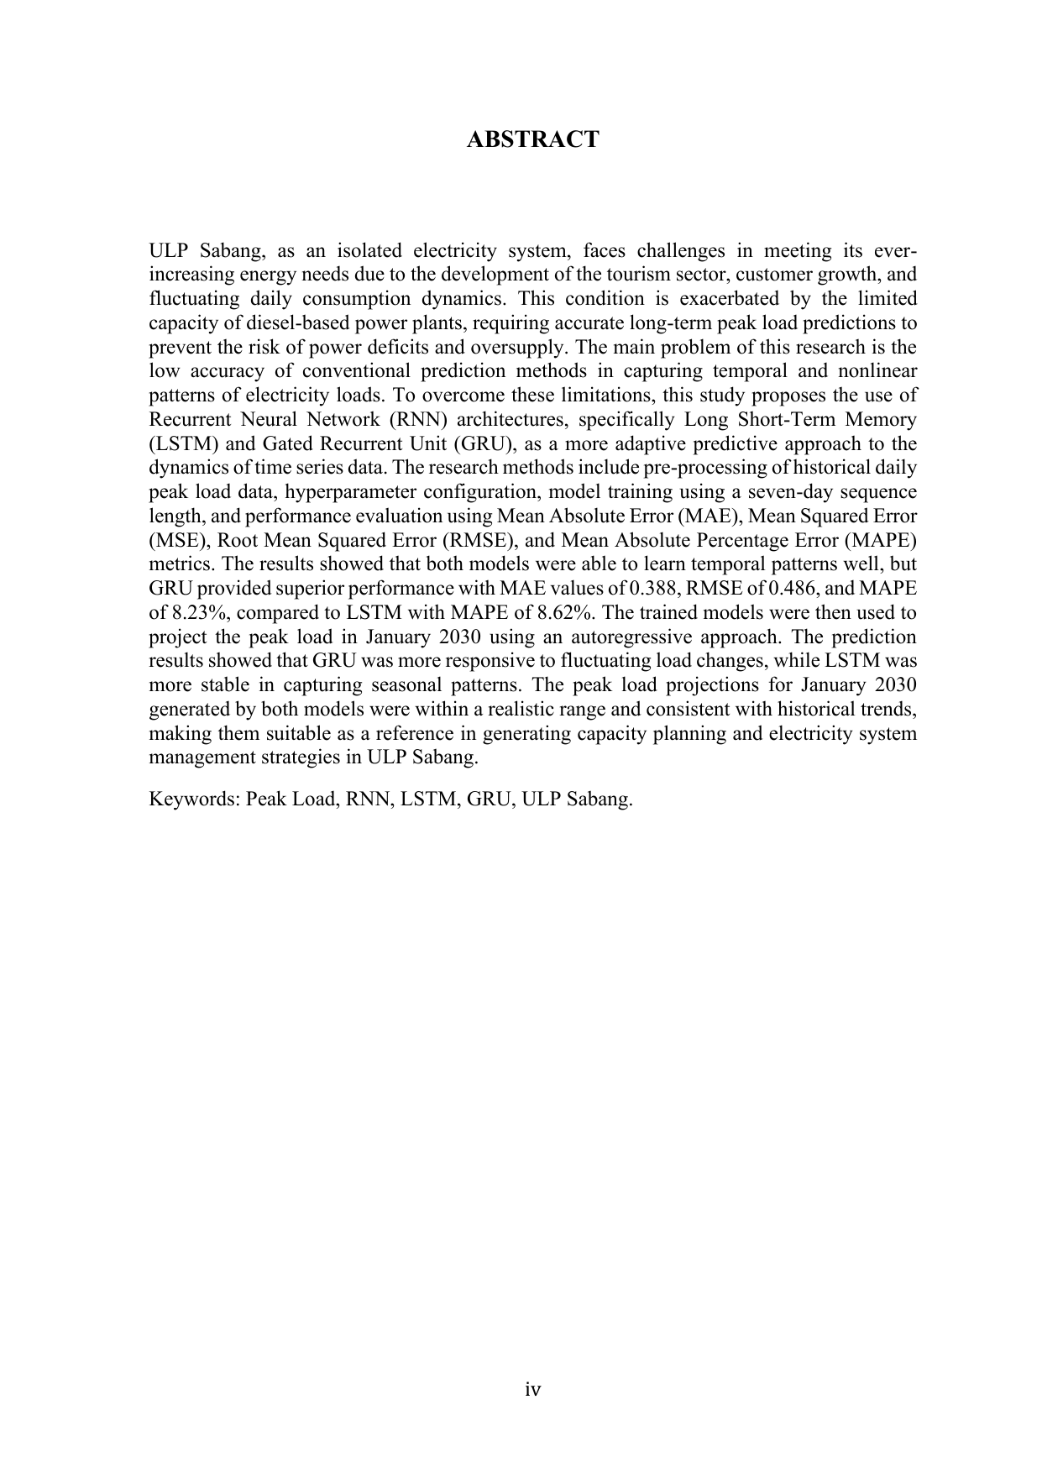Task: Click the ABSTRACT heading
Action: (x=532, y=139)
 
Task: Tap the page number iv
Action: (x=532, y=1389)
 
